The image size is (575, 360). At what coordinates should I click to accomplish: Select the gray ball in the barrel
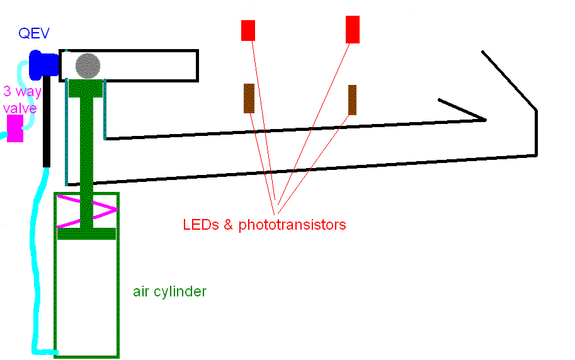(x=88, y=65)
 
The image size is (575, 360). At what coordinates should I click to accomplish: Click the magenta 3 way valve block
(x=15, y=128)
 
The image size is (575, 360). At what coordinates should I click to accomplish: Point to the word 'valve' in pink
(x=20, y=108)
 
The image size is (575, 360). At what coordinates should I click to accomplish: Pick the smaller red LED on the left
(x=248, y=30)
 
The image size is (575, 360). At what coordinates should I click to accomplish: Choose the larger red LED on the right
(x=353, y=30)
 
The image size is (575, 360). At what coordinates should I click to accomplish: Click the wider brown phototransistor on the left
(x=249, y=98)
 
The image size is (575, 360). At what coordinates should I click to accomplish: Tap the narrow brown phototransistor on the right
(x=352, y=100)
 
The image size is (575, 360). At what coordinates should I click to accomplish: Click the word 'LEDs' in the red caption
(x=199, y=224)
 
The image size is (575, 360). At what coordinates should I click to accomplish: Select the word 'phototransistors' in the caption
(x=292, y=225)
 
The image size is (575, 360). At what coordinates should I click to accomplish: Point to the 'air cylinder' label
(x=169, y=291)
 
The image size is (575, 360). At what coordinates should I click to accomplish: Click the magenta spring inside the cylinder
(x=88, y=208)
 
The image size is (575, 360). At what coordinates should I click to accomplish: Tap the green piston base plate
(x=86, y=233)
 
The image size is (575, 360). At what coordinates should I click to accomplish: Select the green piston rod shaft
(x=86, y=157)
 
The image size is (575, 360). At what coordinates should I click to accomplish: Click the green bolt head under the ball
(x=86, y=88)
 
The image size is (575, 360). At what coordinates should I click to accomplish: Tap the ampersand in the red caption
(x=229, y=224)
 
